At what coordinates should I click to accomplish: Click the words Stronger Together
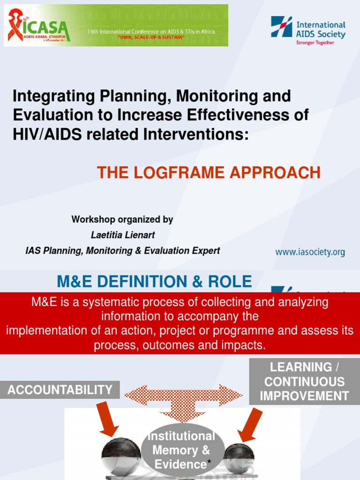(315, 43)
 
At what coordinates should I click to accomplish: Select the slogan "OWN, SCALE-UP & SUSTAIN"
(151, 37)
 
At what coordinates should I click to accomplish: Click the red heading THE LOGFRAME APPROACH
(209, 173)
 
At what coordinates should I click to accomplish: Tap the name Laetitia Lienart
(122, 235)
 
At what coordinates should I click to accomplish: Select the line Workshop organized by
(122, 219)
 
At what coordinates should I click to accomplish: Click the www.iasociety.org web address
(310, 252)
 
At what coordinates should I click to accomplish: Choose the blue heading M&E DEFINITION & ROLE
(154, 281)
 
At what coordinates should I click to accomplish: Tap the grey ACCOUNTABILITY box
(60, 390)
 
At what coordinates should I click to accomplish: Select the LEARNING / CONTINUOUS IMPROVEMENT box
(304, 382)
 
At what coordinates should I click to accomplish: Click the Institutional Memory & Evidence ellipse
(181, 450)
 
